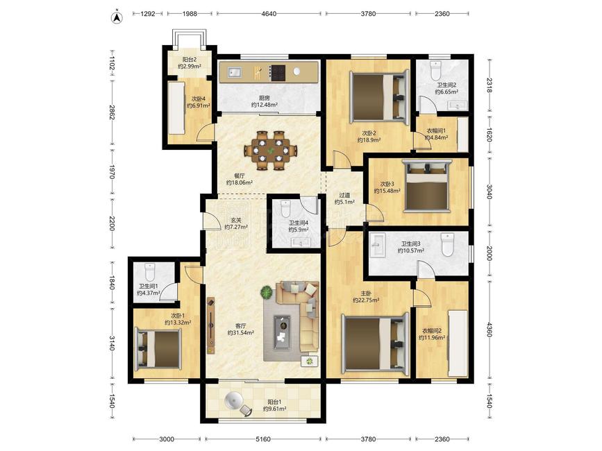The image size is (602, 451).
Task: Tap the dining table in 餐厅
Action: pos(271,151)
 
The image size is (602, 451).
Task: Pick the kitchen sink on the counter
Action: pos(234,71)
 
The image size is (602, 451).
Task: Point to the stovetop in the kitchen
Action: pos(278,72)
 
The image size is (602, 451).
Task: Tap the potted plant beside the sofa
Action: pos(267,293)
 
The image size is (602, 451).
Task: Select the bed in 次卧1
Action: pos(158,348)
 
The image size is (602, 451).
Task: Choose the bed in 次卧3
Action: pos(427,186)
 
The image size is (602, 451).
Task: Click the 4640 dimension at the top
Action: pos(269,14)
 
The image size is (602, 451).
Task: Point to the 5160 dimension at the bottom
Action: pos(263,439)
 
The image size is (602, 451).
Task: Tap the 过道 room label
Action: pos(344,195)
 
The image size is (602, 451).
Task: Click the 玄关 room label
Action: pos(236,221)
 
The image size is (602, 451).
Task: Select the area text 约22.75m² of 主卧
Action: pos(366,300)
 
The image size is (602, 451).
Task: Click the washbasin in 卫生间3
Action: pos(378,245)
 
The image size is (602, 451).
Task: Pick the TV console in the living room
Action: pos(210,325)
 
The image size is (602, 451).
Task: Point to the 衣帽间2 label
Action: pos(432,331)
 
